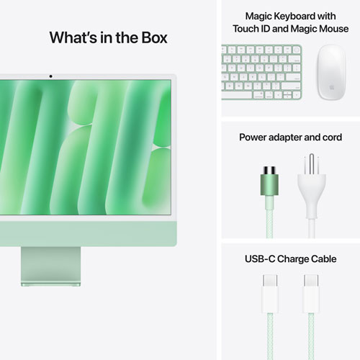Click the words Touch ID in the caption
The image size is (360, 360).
coord(252,29)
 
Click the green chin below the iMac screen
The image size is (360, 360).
coord(86,229)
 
